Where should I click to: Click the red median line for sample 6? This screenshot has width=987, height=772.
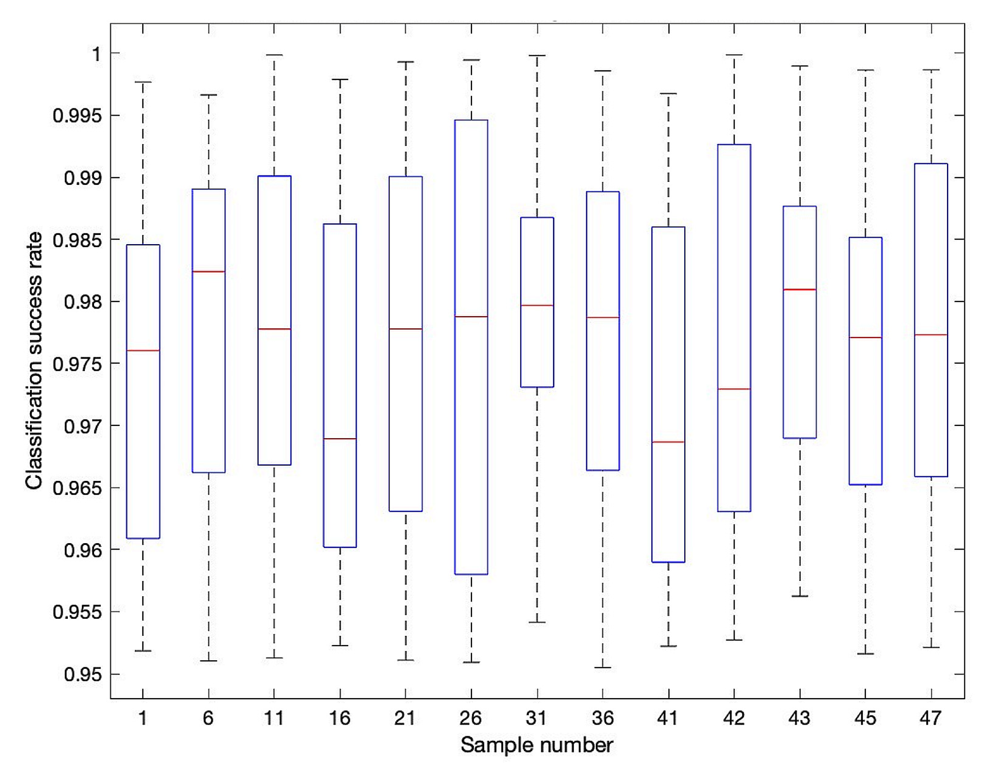click(x=208, y=272)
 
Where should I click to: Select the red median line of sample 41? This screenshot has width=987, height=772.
click(x=668, y=442)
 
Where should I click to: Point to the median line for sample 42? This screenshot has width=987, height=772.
click(x=734, y=389)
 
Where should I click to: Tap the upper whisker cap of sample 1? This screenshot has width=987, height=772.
click(x=143, y=82)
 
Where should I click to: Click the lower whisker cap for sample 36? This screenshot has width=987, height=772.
click(x=602, y=667)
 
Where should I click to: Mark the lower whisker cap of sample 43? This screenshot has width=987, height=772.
click(x=799, y=596)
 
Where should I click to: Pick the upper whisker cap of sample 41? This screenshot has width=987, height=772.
click(x=668, y=94)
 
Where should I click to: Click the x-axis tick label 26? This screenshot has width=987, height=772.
click(x=470, y=718)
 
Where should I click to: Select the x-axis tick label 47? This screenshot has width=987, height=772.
click(x=930, y=718)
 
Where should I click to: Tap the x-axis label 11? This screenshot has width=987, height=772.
click(x=273, y=718)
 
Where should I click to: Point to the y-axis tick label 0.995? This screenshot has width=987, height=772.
click(x=77, y=116)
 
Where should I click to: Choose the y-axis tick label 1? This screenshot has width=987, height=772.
click(x=96, y=54)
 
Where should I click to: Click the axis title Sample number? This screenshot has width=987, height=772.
click(x=537, y=745)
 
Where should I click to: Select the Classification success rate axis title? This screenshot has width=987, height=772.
click(x=34, y=360)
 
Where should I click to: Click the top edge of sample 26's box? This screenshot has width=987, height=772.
click(x=471, y=120)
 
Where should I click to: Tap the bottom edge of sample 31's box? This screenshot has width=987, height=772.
click(x=537, y=387)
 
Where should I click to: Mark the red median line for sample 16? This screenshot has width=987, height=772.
click(x=340, y=438)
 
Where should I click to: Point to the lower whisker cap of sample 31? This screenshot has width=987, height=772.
click(x=537, y=622)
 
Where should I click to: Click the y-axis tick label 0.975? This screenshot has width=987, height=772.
click(x=77, y=364)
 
